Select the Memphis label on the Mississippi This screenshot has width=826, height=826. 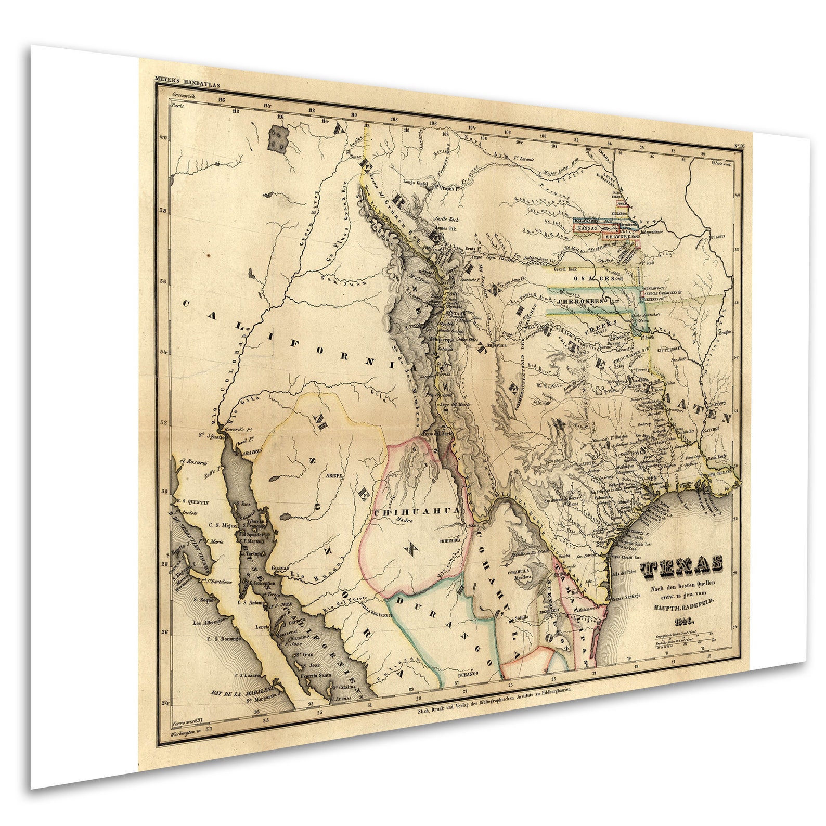pyautogui.click(x=725, y=332)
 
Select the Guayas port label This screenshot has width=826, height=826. pyautogui.click(x=280, y=568)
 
